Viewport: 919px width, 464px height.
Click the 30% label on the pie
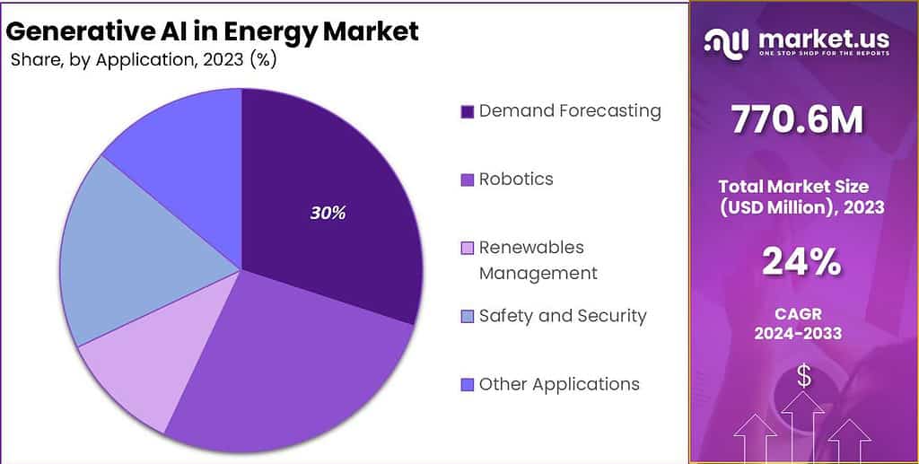pyautogui.click(x=328, y=214)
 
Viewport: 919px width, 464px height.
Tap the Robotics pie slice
pyautogui.click(x=296, y=359)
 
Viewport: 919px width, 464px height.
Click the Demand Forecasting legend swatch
pyautogui.click(x=467, y=112)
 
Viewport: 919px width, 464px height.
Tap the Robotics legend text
pyautogui.click(x=516, y=179)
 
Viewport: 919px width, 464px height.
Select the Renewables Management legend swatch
pyautogui.click(x=467, y=249)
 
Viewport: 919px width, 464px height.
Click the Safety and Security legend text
pyautogui.click(x=563, y=316)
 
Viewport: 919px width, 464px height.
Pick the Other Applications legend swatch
pyautogui.click(x=467, y=385)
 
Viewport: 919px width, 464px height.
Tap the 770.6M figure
pyautogui.click(x=797, y=120)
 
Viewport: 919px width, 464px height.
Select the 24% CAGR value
pyautogui.click(x=801, y=262)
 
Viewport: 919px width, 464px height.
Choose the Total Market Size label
pyautogui.click(x=793, y=187)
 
